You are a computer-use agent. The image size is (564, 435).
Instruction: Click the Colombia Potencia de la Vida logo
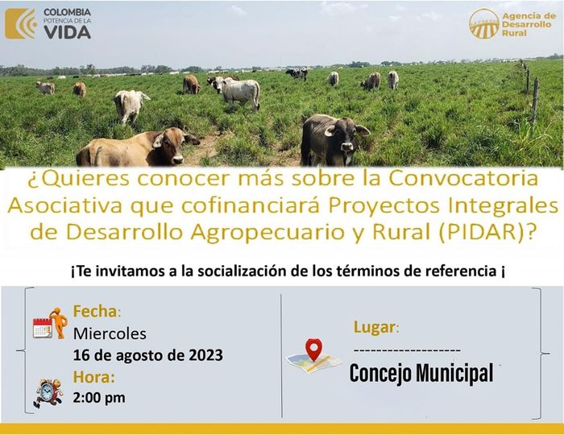point(48,23)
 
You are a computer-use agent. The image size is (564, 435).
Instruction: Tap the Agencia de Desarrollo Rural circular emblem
point(483,23)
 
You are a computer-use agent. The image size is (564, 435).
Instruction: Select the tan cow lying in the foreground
point(138,147)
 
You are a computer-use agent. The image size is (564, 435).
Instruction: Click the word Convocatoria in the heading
point(463,178)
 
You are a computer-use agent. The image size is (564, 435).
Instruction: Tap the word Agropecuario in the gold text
point(267,233)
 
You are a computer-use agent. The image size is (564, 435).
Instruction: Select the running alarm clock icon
point(48,393)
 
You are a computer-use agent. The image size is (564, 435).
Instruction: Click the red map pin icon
point(313,349)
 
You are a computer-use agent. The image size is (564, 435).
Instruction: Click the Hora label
point(94,377)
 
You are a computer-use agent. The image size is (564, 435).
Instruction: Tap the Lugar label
point(376,327)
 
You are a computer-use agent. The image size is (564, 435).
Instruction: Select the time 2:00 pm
point(99,398)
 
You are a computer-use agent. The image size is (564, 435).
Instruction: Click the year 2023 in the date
point(205,355)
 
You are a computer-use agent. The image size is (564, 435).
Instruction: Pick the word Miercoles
point(110,333)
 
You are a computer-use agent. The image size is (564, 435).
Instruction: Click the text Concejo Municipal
point(421,374)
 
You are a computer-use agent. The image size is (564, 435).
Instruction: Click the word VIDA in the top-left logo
point(67,32)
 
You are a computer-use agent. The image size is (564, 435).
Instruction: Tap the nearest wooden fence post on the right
point(535,101)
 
